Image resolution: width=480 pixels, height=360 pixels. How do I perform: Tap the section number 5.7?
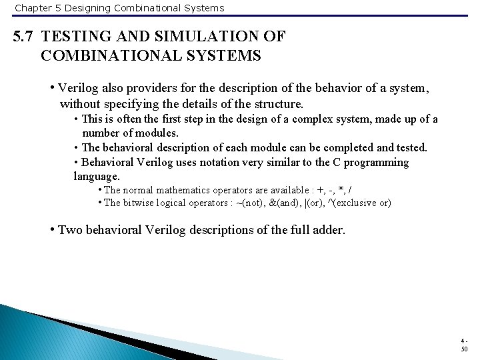coord(25,37)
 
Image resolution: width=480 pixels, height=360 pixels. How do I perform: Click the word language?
coord(97,177)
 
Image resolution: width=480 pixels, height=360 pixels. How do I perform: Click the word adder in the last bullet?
coord(327,231)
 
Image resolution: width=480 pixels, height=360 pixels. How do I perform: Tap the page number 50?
coord(464,349)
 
